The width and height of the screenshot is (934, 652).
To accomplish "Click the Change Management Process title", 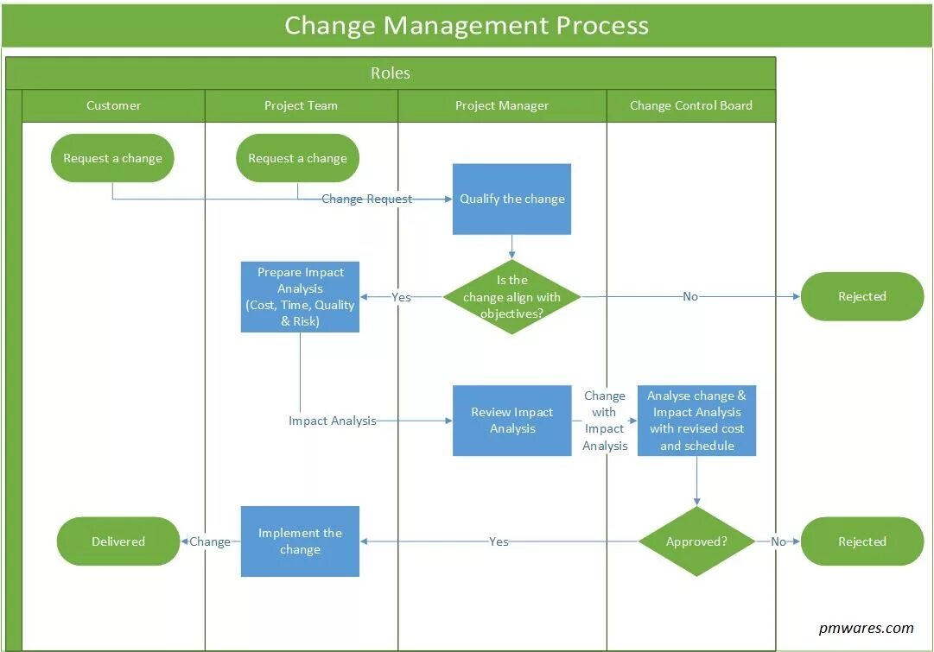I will tap(467, 25).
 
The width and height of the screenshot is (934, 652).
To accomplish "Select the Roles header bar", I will tap(391, 73).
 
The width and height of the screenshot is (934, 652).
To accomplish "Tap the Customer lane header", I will tap(113, 105).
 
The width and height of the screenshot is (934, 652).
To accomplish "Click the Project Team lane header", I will tap(301, 105).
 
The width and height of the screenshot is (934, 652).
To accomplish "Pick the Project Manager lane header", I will tap(502, 105).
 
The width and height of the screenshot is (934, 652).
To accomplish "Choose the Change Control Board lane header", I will tap(690, 105).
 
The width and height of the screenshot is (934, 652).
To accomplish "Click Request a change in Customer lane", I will tap(112, 158).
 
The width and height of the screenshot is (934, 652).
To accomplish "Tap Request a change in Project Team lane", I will tap(297, 158).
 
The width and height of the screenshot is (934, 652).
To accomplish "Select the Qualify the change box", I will tap(511, 199).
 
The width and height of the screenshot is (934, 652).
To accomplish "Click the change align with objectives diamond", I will tap(511, 297).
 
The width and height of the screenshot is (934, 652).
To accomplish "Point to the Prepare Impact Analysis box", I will tap(300, 297).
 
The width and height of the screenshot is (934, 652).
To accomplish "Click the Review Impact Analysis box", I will tap(511, 421).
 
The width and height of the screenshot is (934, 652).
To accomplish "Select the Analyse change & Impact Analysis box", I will tap(696, 421).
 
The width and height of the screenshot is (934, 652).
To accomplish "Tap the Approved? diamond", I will tap(696, 541).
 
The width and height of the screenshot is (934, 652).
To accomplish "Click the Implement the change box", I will tap(300, 541).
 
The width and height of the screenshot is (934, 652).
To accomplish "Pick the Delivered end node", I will tap(118, 541).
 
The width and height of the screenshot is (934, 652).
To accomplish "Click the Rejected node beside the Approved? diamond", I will tap(862, 541).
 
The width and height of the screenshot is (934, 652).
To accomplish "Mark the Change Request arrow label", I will tap(366, 199).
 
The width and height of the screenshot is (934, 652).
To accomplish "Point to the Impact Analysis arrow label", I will tap(333, 421).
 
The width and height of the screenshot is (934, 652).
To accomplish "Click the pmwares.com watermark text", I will tap(866, 628).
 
